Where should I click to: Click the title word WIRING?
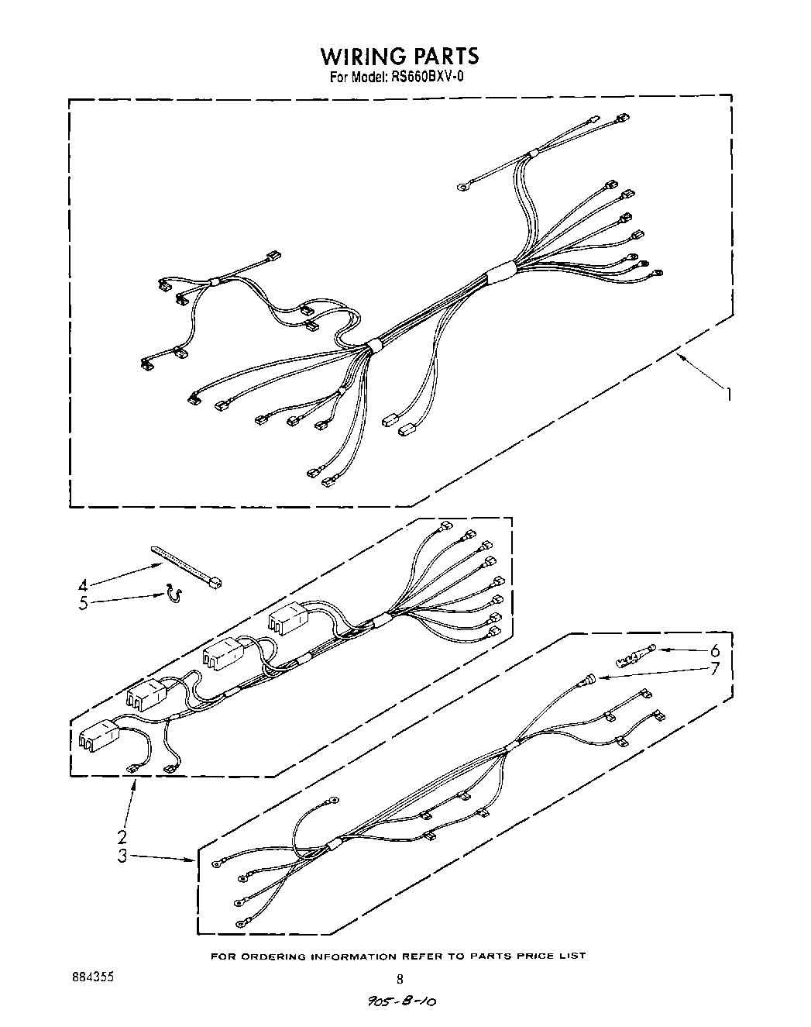pos(364,56)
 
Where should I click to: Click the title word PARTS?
pos(446,56)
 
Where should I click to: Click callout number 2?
pos(122,836)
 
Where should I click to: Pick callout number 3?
pos(122,856)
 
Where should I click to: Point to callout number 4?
pos(84,585)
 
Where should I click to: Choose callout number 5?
pos(84,603)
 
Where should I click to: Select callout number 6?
pos(714,650)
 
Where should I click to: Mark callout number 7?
pos(714,667)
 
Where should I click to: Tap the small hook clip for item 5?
pos(174,595)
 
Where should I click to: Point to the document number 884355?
pos(92,977)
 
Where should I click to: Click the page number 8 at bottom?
pos(400,979)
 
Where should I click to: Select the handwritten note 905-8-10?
pos(400,1002)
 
